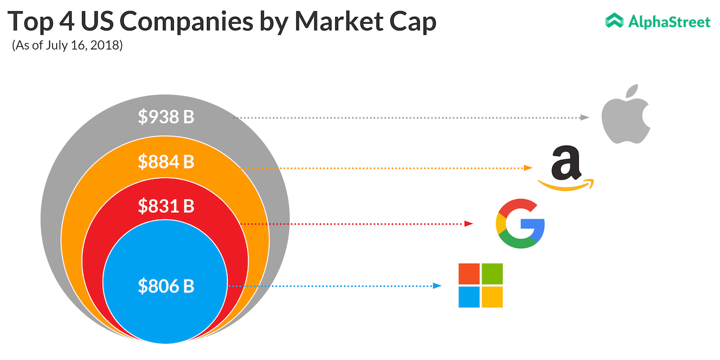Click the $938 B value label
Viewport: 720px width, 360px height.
166,117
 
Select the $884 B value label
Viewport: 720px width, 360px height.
166,162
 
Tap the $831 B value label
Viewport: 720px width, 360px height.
166,206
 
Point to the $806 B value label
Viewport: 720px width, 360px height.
166,286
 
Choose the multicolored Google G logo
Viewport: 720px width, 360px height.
520,223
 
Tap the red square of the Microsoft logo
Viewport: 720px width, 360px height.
469,274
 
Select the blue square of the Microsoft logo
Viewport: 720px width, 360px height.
469,297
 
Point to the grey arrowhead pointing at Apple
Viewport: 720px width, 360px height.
585,118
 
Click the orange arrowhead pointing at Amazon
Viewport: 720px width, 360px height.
528,168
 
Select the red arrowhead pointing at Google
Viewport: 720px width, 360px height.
469,224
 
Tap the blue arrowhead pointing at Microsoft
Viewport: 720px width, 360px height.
437,286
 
